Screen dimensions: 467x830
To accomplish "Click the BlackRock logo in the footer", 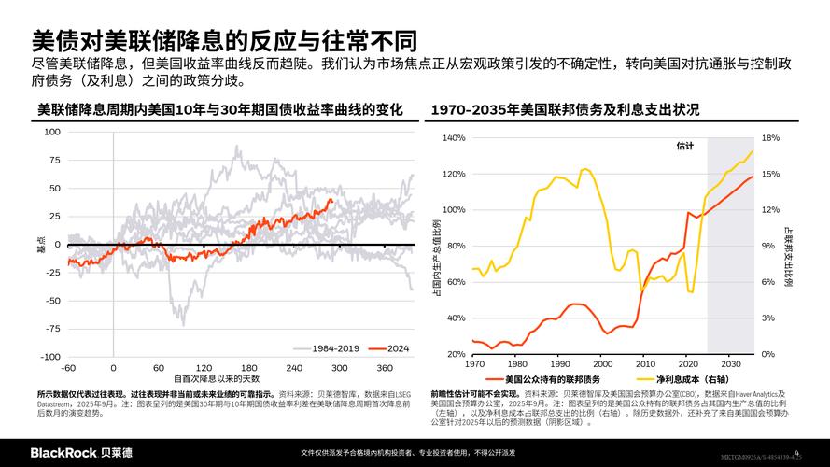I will click(x=81, y=453).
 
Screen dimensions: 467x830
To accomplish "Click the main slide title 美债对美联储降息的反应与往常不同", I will click(x=224, y=41).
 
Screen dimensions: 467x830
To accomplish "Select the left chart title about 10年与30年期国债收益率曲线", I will click(x=220, y=110).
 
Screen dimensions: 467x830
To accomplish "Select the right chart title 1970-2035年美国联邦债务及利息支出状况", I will click(x=565, y=110).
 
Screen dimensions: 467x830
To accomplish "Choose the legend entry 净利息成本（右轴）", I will click(x=689, y=379).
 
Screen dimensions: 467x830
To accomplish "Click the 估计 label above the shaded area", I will click(x=685, y=147).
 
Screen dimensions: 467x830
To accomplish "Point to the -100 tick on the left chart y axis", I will click(x=52, y=357).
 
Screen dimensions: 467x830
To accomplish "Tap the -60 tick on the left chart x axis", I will click(x=68, y=368).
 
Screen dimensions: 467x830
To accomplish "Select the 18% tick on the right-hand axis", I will click(x=770, y=138).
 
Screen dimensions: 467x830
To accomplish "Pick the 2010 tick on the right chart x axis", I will click(x=645, y=364).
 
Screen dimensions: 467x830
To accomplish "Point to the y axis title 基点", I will click(x=40, y=245).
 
